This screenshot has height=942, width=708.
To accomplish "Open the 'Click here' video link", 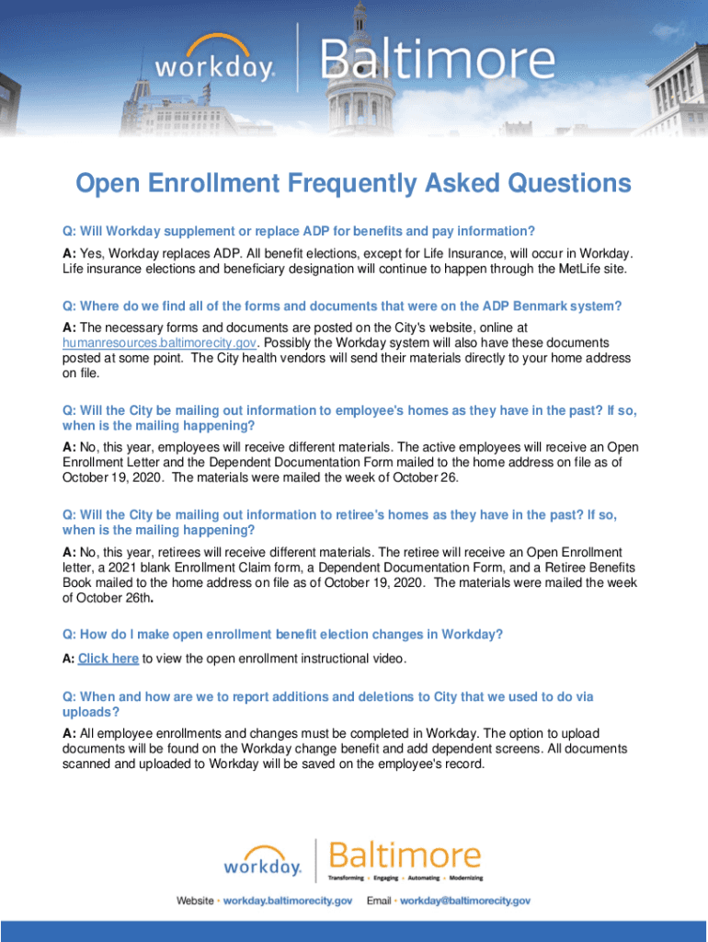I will pyautogui.click(x=108, y=659).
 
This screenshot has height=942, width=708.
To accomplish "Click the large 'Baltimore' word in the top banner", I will pyautogui.click(x=438, y=63).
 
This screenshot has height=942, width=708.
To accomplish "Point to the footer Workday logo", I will pyautogui.click(x=263, y=862).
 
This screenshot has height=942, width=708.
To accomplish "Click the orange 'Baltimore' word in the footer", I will pyautogui.click(x=405, y=856).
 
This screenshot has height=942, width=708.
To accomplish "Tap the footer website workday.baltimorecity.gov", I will pyautogui.click(x=288, y=901).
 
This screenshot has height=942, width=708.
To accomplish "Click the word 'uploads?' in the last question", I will pyautogui.click(x=91, y=713).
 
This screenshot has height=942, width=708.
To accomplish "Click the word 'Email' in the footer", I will pyautogui.click(x=380, y=901).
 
